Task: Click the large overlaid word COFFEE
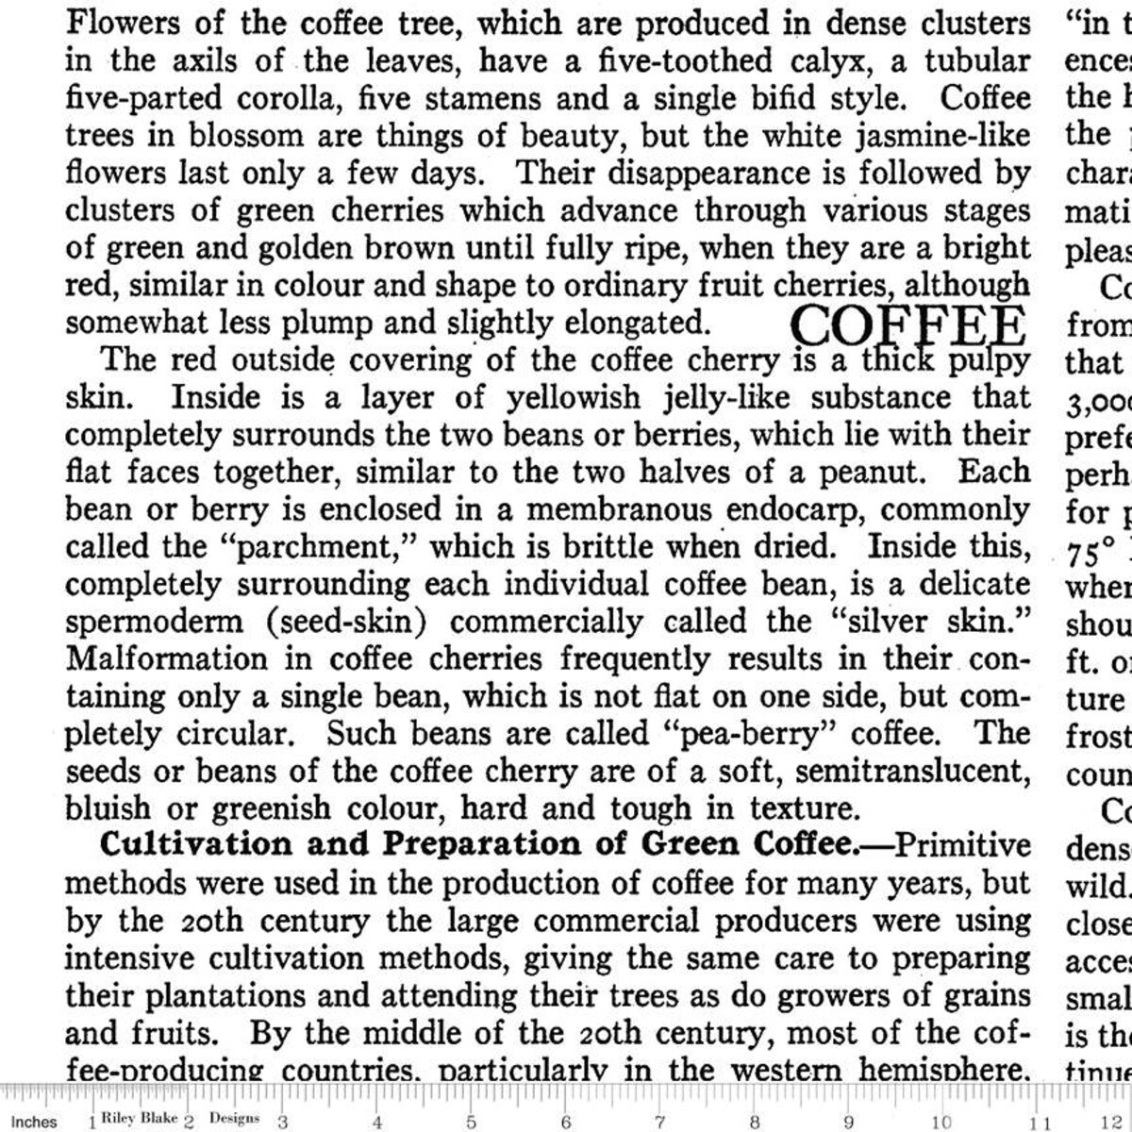tap(907, 325)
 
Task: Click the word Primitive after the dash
tap(962, 844)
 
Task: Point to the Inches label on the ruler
tap(34, 1122)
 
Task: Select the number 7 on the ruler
tap(659, 1123)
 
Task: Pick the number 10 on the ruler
tap(941, 1123)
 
